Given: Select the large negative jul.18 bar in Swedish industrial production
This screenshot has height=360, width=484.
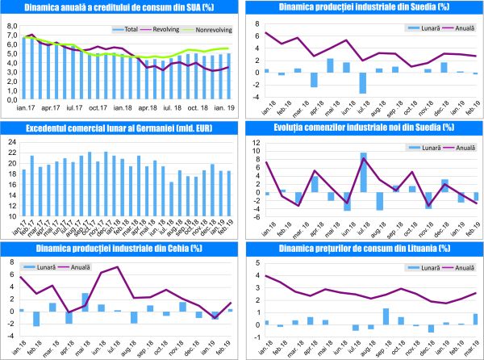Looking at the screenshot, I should tap(363, 83).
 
